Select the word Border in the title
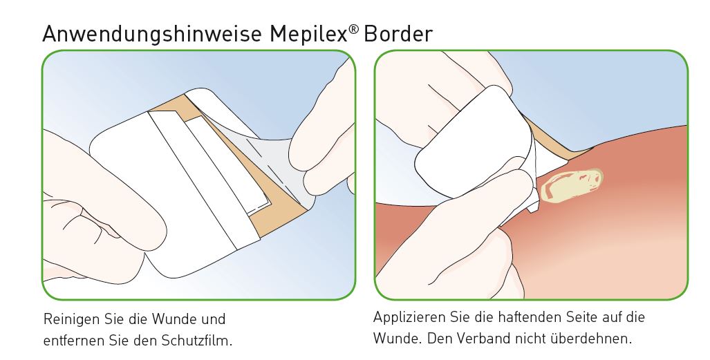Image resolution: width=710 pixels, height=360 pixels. coord(398,34)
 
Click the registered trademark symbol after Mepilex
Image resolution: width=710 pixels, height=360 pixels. coord(354,29)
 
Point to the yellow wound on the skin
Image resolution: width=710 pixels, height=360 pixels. coord(572,184)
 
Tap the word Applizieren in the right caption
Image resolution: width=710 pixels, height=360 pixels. coord(409,317)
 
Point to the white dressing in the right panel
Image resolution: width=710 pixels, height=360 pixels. coord(476,145)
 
